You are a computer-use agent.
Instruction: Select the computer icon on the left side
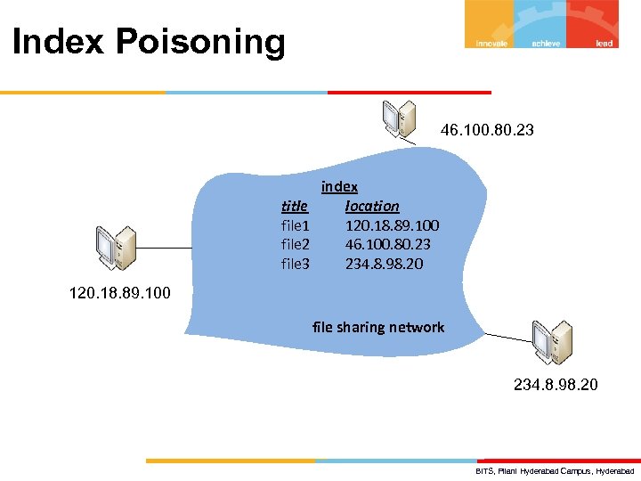click(117, 248)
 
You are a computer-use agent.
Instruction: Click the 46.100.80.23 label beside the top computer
click(487, 131)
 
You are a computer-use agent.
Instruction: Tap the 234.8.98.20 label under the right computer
click(556, 385)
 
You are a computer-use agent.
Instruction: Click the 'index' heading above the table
click(339, 186)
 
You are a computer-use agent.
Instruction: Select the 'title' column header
click(295, 206)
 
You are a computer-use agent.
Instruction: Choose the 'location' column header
click(372, 206)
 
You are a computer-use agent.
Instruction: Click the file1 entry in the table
click(296, 225)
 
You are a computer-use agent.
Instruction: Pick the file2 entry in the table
click(296, 244)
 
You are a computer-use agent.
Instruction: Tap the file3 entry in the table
click(296, 264)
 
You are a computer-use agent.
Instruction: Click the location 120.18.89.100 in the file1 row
click(392, 225)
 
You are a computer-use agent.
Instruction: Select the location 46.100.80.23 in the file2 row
click(388, 244)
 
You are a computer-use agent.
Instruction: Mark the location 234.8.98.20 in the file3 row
click(385, 264)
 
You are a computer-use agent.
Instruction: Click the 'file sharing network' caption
click(378, 327)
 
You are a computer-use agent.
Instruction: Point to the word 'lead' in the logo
click(604, 43)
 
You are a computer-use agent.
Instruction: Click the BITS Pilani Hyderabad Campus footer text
click(555, 470)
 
